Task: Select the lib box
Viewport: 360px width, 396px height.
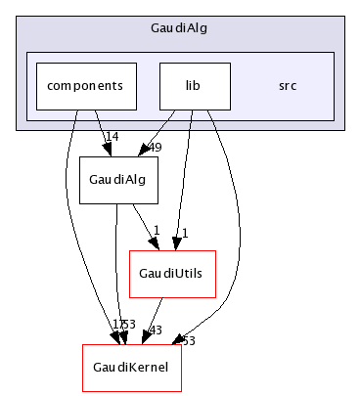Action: tap(194, 86)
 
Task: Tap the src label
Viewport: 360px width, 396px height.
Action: tap(287, 86)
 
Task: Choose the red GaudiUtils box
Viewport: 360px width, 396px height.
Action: tap(172, 274)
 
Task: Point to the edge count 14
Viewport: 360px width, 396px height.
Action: tap(113, 137)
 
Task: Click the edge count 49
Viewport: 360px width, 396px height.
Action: tap(153, 148)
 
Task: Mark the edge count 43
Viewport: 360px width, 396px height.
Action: tap(153, 330)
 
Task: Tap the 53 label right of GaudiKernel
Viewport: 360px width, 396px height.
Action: tap(188, 339)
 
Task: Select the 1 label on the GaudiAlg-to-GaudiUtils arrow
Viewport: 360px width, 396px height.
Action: tap(155, 231)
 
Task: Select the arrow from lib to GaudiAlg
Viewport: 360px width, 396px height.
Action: tap(162, 131)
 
